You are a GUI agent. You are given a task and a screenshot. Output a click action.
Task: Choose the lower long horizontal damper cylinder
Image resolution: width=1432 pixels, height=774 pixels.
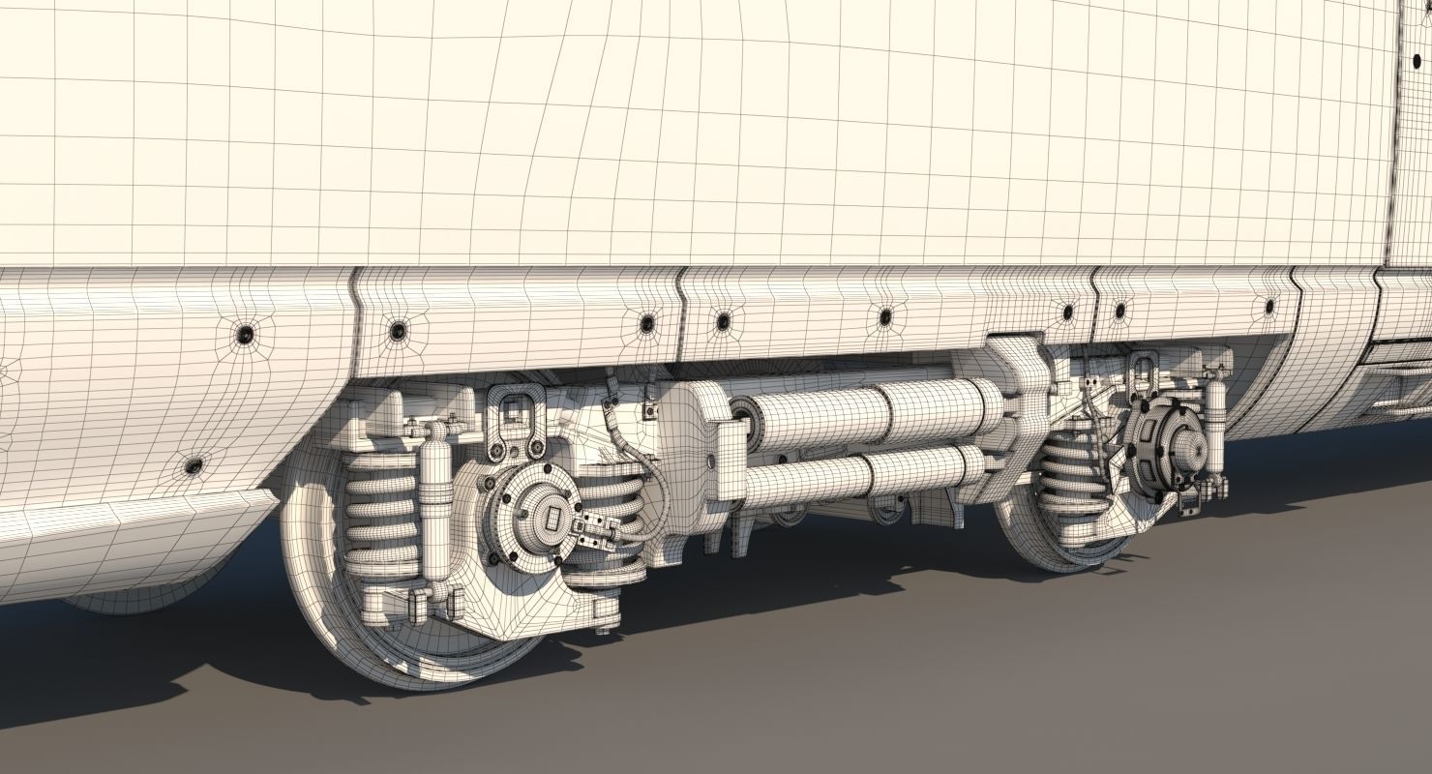point(851,473)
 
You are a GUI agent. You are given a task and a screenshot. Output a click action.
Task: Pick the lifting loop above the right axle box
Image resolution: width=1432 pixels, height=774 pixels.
point(1142,372)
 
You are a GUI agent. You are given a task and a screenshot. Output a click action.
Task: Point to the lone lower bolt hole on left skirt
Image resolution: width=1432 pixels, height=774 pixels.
point(193,465)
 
